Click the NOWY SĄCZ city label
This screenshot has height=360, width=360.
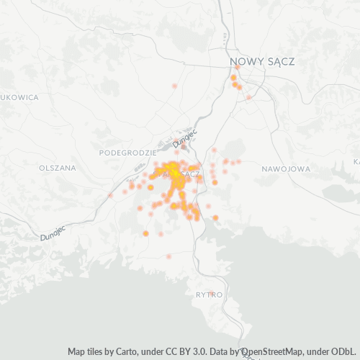(x=261, y=62)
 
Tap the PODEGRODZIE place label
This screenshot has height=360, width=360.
(x=128, y=153)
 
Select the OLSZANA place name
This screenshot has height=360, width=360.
(x=57, y=168)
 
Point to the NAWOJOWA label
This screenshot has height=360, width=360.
(x=286, y=168)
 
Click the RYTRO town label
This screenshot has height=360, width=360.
(x=210, y=295)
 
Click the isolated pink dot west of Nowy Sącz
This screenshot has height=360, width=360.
(x=175, y=86)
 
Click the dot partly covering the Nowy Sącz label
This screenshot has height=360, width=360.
(x=238, y=67)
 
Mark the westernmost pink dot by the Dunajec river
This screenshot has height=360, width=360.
(x=110, y=194)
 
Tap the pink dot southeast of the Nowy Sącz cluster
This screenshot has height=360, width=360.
(x=249, y=97)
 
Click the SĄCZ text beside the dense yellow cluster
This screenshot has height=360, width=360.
(x=192, y=174)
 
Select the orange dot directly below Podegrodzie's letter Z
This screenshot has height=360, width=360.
(x=150, y=187)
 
